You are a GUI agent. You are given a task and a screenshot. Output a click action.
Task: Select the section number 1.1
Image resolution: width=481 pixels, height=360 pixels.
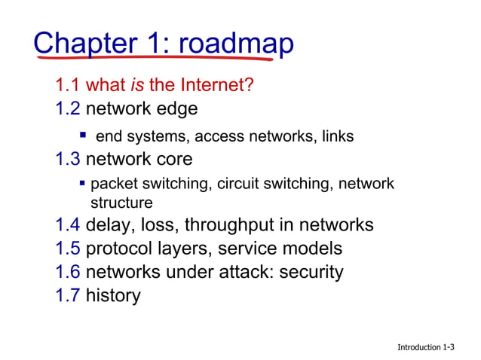point(68,85)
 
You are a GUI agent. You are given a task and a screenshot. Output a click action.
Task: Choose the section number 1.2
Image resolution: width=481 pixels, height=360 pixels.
point(68,109)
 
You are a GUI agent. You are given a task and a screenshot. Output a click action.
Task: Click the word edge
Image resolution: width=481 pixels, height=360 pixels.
point(176,109)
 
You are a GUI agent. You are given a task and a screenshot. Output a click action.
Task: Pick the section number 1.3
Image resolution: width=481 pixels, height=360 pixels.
point(68,160)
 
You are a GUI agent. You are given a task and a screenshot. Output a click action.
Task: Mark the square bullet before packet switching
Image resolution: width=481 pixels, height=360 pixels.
point(83,183)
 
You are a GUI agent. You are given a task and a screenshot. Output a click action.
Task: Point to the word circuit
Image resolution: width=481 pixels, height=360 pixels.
point(237,184)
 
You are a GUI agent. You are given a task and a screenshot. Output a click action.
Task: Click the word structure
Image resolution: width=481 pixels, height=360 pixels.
point(121,203)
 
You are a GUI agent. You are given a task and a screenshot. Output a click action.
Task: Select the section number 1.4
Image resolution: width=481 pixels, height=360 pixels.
point(68,225)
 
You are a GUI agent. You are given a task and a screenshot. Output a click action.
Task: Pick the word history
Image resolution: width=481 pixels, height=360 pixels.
point(113,295)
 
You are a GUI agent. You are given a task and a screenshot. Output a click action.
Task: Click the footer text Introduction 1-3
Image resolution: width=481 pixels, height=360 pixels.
point(426,346)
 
